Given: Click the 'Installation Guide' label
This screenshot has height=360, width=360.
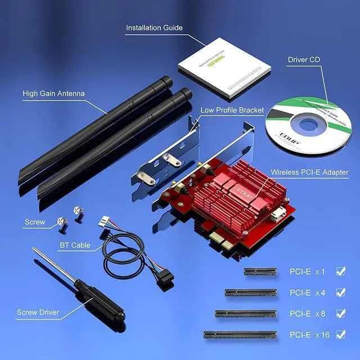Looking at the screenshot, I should [x=154, y=28].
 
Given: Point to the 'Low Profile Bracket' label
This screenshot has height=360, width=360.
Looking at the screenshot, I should [x=232, y=110].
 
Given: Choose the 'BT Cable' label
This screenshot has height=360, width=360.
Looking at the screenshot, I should [x=75, y=246].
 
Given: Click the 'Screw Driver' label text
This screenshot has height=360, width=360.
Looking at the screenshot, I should [x=38, y=312].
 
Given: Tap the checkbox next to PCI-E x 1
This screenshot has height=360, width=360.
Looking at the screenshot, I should [x=340, y=271].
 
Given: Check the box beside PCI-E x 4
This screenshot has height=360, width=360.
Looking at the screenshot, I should [x=340, y=292].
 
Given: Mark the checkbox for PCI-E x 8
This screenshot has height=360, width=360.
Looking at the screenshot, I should [x=340, y=313].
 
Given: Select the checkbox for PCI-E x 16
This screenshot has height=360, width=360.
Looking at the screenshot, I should [x=340, y=335].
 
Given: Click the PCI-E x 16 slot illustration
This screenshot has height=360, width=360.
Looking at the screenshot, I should [x=240, y=335].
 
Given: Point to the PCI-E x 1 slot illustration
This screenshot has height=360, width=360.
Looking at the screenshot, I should [x=260, y=271].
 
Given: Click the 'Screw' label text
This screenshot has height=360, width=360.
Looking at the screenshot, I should [x=35, y=222].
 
